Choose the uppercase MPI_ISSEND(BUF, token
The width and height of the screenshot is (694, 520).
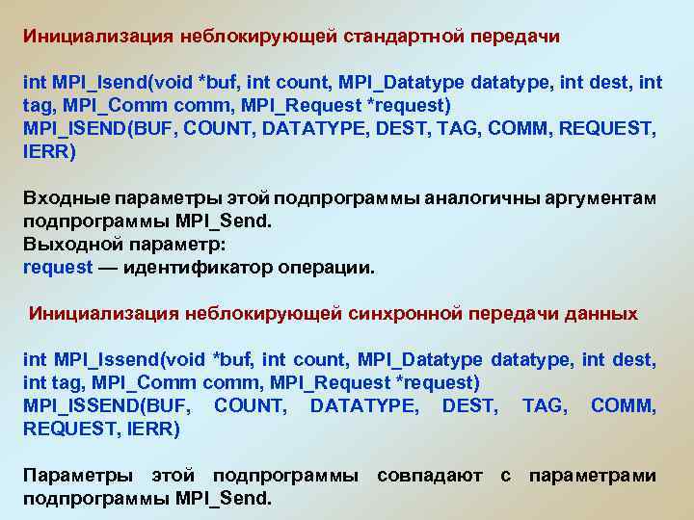tap(107, 406)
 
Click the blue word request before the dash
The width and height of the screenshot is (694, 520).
tap(57, 268)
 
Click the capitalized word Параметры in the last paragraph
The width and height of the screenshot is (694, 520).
tap(72, 477)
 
